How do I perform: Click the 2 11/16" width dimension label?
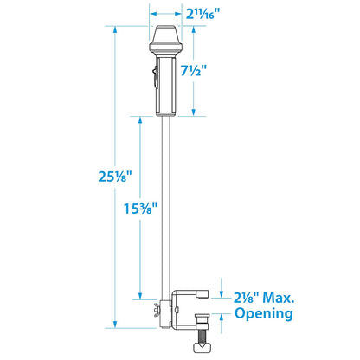tap(202, 13)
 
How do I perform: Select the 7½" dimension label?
tap(194, 70)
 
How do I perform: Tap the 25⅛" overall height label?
tap(114, 176)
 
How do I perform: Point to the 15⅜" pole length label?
tap(140, 209)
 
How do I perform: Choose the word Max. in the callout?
tap(279, 298)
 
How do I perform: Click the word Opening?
tap(264, 313)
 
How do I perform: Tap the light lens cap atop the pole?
tap(165, 34)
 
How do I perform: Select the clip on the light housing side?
tap(155, 77)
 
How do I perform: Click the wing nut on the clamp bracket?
tap(157, 310)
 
